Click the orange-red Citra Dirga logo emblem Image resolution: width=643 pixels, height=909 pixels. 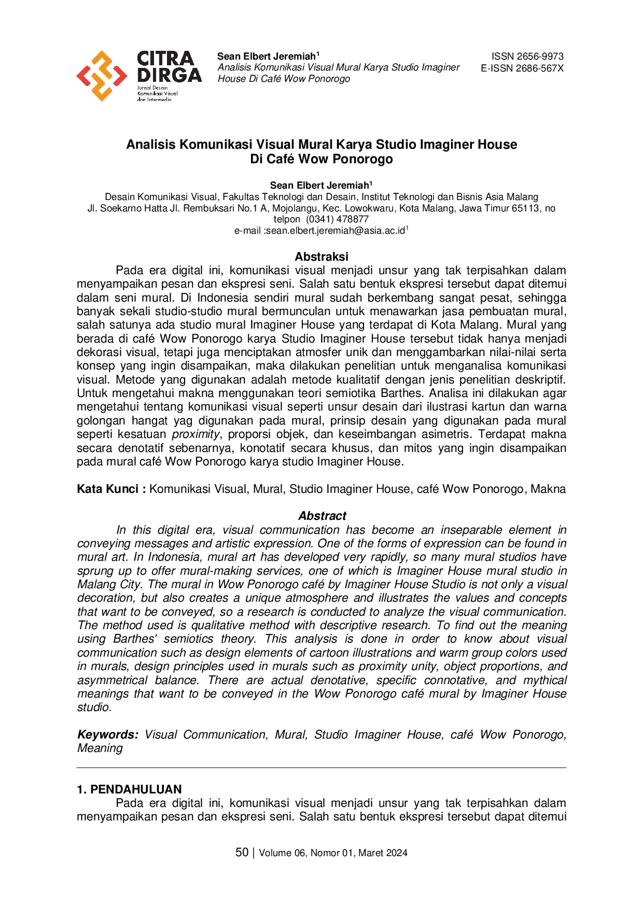(102, 76)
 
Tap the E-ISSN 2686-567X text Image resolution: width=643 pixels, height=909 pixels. (522, 68)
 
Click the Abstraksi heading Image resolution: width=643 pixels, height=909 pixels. (321, 257)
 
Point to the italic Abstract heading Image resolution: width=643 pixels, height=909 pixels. (322, 516)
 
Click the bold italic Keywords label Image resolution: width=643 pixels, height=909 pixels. (108, 734)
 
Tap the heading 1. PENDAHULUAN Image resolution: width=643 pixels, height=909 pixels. (129, 789)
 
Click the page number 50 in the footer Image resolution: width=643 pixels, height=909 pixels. (242, 853)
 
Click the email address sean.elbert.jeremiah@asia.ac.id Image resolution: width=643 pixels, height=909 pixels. (335, 231)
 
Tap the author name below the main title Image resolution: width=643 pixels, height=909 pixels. (319, 186)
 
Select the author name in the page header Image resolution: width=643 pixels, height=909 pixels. (267, 56)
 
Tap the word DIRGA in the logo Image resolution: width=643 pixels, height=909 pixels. (169, 75)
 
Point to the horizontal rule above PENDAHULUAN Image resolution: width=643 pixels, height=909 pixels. (321, 768)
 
